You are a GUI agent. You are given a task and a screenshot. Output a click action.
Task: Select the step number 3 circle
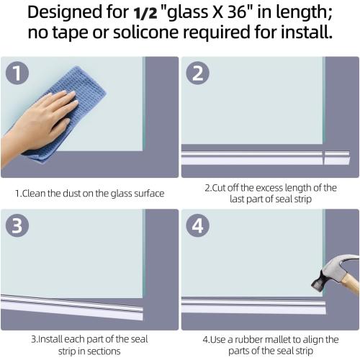[x=17, y=226]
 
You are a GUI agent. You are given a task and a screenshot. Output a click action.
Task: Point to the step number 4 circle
[x=197, y=226]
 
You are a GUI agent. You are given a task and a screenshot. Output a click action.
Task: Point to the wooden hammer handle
[x=351, y=281]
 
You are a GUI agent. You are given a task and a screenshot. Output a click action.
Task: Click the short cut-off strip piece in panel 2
[x=336, y=156]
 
